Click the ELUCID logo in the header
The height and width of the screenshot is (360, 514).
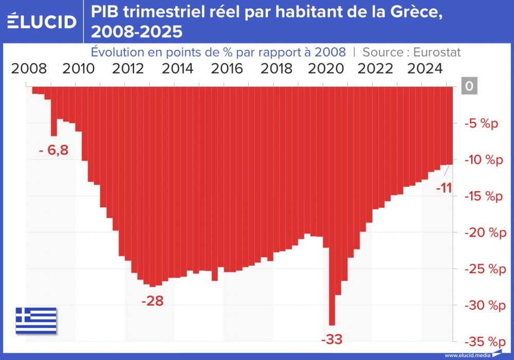click(43, 22)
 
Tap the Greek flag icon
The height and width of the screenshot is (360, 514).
click(36, 320)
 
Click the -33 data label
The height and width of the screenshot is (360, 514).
click(331, 339)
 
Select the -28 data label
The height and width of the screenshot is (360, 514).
click(152, 300)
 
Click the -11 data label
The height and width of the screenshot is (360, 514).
click(443, 188)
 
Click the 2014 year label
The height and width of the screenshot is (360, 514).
click(177, 68)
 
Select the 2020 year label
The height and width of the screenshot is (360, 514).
click(326, 68)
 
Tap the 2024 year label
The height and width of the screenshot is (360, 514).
click(425, 68)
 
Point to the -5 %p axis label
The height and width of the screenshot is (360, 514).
click(481, 123)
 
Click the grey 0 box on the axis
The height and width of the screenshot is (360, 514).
click(468, 86)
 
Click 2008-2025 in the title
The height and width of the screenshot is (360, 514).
click(136, 32)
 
